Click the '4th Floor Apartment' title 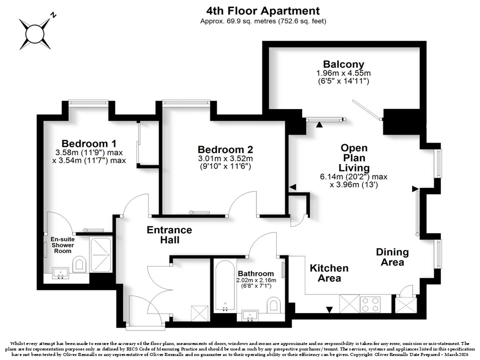coord(263,11)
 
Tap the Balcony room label coord(343,64)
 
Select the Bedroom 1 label coord(89,143)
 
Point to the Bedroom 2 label coord(225,149)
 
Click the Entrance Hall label coord(169,235)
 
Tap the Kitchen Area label coord(329,273)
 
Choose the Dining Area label coord(392,257)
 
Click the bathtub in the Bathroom coord(225,286)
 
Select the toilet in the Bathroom coord(273,304)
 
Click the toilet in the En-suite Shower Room coord(79,263)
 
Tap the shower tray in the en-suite coord(100,254)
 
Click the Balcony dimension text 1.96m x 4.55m coord(343,73)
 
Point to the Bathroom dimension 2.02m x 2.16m coord(256,280)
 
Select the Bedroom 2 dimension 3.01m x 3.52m coord(225,158)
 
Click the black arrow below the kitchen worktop coord(329,310)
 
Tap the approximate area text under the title coord(263,21)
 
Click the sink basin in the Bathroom coord(250,315)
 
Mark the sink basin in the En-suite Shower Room coord(60,273)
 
